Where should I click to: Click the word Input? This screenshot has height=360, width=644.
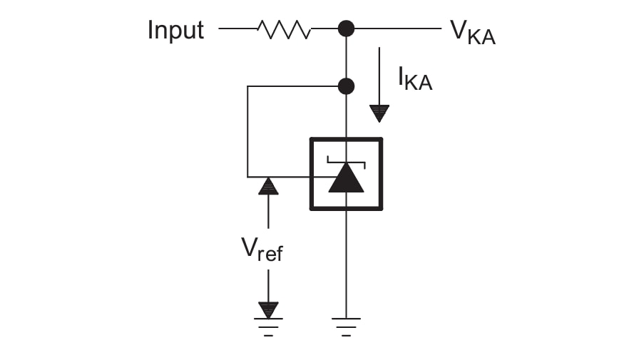[175, 31]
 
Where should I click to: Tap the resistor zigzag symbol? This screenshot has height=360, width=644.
[284, 29]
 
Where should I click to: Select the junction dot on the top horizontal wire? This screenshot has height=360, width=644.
[346, 29]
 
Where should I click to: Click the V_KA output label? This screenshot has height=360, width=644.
[472, 32]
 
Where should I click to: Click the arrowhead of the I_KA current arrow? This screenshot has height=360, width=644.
[379, 113]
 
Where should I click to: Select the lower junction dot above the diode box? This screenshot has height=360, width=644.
[346, 86]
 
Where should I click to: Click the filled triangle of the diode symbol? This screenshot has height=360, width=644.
[346, 179]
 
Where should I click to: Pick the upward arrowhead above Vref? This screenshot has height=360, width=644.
[268, 187]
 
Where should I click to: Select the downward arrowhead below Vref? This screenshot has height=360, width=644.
[268, 309]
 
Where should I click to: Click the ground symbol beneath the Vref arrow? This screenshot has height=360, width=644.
[268, 325]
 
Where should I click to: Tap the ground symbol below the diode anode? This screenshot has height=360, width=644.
[346, 325]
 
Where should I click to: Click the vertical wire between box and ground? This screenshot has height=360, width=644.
[346, 264]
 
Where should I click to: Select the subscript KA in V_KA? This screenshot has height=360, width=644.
[483, 38]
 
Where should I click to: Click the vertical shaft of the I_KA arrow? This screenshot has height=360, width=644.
[379, 75]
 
